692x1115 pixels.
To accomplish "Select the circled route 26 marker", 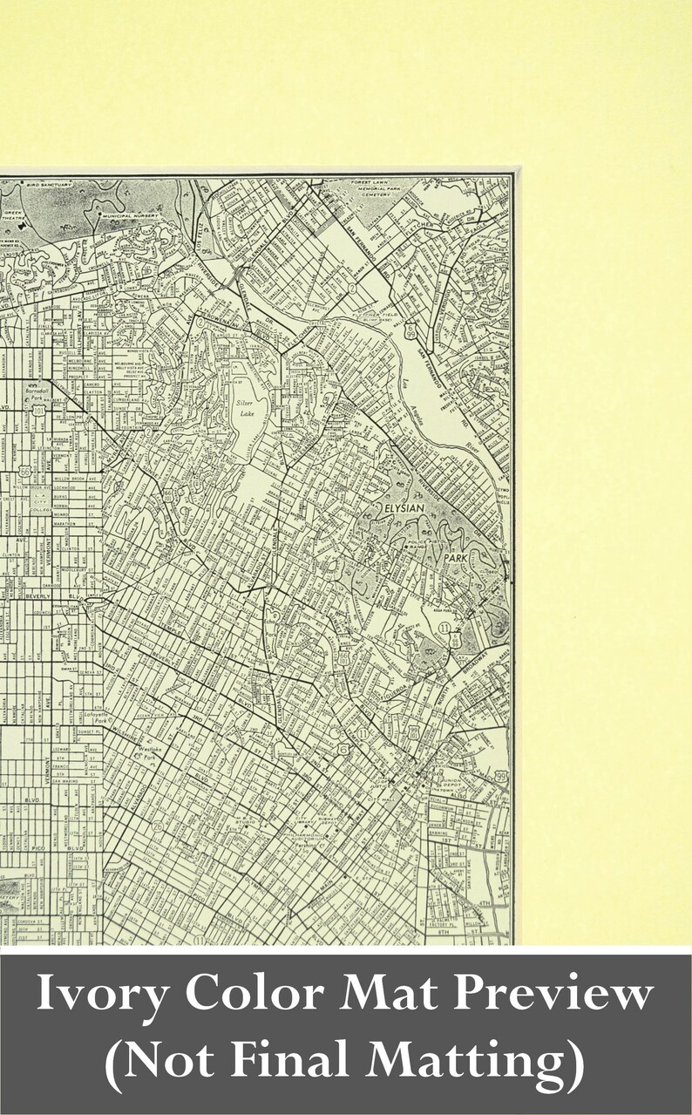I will (158, 824).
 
